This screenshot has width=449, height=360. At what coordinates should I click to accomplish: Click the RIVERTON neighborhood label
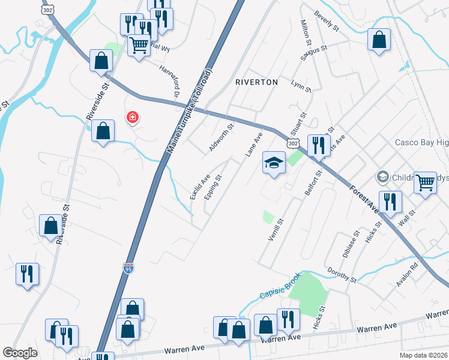256,82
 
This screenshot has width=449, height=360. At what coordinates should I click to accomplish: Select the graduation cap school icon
274,163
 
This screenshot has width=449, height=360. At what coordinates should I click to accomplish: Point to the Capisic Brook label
279,288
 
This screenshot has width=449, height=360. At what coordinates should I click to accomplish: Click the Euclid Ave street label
199,187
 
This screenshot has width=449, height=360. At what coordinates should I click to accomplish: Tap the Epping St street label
213,187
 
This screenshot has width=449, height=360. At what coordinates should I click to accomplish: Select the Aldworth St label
221,135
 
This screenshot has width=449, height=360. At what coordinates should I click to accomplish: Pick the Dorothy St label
342,276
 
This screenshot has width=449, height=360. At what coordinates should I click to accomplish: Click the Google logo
20,353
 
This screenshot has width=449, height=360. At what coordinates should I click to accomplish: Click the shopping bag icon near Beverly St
379,40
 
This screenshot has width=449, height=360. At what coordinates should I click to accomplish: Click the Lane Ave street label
254,145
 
